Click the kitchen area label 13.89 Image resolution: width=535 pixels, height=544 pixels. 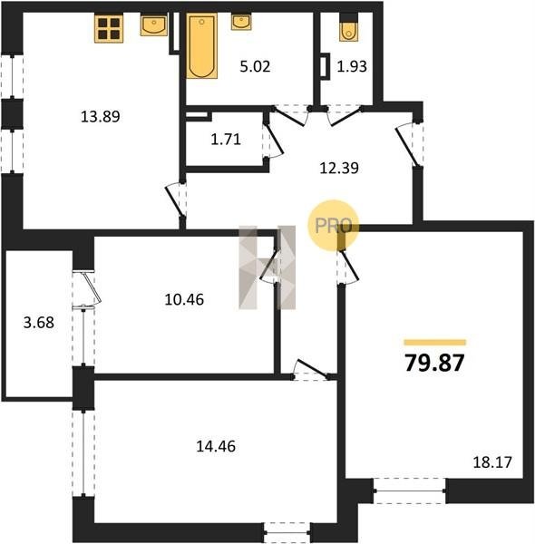[101, 116]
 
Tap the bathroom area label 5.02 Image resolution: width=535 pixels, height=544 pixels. [255, 66]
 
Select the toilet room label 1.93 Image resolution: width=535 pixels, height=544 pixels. [352, 66]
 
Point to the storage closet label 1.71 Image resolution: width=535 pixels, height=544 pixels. [226, 140]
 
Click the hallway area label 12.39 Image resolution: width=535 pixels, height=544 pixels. [339, 168]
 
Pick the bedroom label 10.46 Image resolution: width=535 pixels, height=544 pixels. [184, 299]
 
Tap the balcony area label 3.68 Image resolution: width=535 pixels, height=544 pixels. [39, 323]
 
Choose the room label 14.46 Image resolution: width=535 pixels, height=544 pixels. [216, 446]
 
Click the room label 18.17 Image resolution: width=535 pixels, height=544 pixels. [492, 462]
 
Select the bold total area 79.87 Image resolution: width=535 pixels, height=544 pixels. [434, 364]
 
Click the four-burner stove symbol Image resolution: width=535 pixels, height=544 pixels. [109, 28]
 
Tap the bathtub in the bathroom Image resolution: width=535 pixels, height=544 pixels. [202, 46]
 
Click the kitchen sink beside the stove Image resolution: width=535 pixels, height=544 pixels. [154, 24]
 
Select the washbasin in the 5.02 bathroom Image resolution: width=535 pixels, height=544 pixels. [241, 22]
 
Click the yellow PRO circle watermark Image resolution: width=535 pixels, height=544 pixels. [333, 225]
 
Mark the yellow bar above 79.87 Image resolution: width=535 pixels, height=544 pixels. [434, 343]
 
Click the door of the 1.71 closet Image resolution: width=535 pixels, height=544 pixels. [275, 138]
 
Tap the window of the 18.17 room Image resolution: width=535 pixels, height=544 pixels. [410, 491]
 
